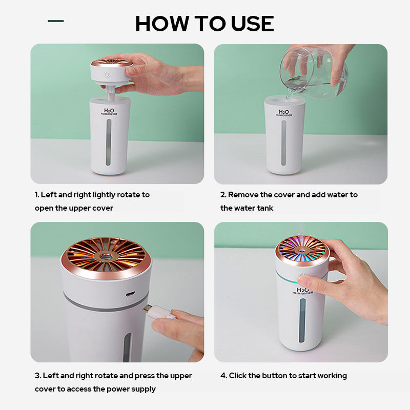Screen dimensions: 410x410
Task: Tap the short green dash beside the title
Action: click(x=55, y=21)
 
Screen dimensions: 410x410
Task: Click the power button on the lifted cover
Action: click(x=107, y=75)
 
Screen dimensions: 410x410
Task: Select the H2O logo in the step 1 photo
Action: click(x=110, y=111)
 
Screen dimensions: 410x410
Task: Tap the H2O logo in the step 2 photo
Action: click(x=284, y=112)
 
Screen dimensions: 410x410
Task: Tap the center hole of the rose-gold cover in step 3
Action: click(x=107, y=255)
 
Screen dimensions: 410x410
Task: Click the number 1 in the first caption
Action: click(x=36, y=195)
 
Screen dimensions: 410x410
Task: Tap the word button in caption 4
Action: click(x=275, y=376)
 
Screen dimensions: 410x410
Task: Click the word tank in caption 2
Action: click(x=265, y=208)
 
